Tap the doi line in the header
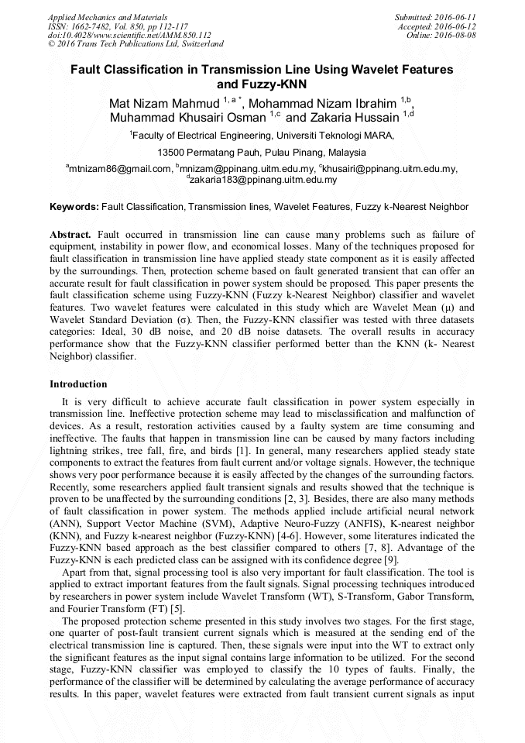pos(129,35)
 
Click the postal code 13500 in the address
pos(173,152)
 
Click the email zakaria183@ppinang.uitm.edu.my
pos(263,180)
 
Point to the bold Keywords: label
pos(74,208)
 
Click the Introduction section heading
pos(78,384)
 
